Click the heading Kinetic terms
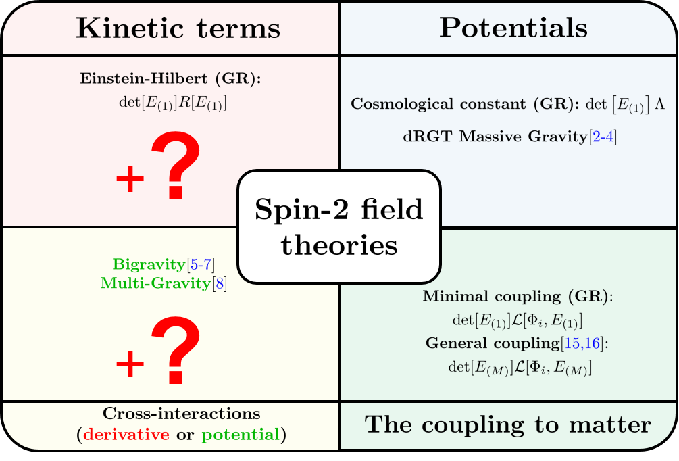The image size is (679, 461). [178, 28]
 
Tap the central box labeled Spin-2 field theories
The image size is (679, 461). [339, 226]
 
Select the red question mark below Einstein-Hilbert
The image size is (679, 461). [176, 166]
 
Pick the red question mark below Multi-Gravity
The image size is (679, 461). [176, 350]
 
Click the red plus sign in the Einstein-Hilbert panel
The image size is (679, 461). [130, 178]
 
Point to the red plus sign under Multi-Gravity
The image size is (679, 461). [130, 364]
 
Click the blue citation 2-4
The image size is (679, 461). [603, 137]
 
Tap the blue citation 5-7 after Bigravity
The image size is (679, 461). [201, 264]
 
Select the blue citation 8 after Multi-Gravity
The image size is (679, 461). [220, 283]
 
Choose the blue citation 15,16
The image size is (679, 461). [582, 343]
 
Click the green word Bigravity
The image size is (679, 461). [149, 264]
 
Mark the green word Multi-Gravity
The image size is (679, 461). [155, 283]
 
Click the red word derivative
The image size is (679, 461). [126, 434]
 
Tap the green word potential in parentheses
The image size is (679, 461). [241, 435]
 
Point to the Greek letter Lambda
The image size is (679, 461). [659, 104]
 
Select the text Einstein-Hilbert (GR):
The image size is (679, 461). [171, 78]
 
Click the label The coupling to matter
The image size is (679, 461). [508, 425]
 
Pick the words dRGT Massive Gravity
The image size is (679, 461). [495, 137]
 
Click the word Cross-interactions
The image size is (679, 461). [182, 413]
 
